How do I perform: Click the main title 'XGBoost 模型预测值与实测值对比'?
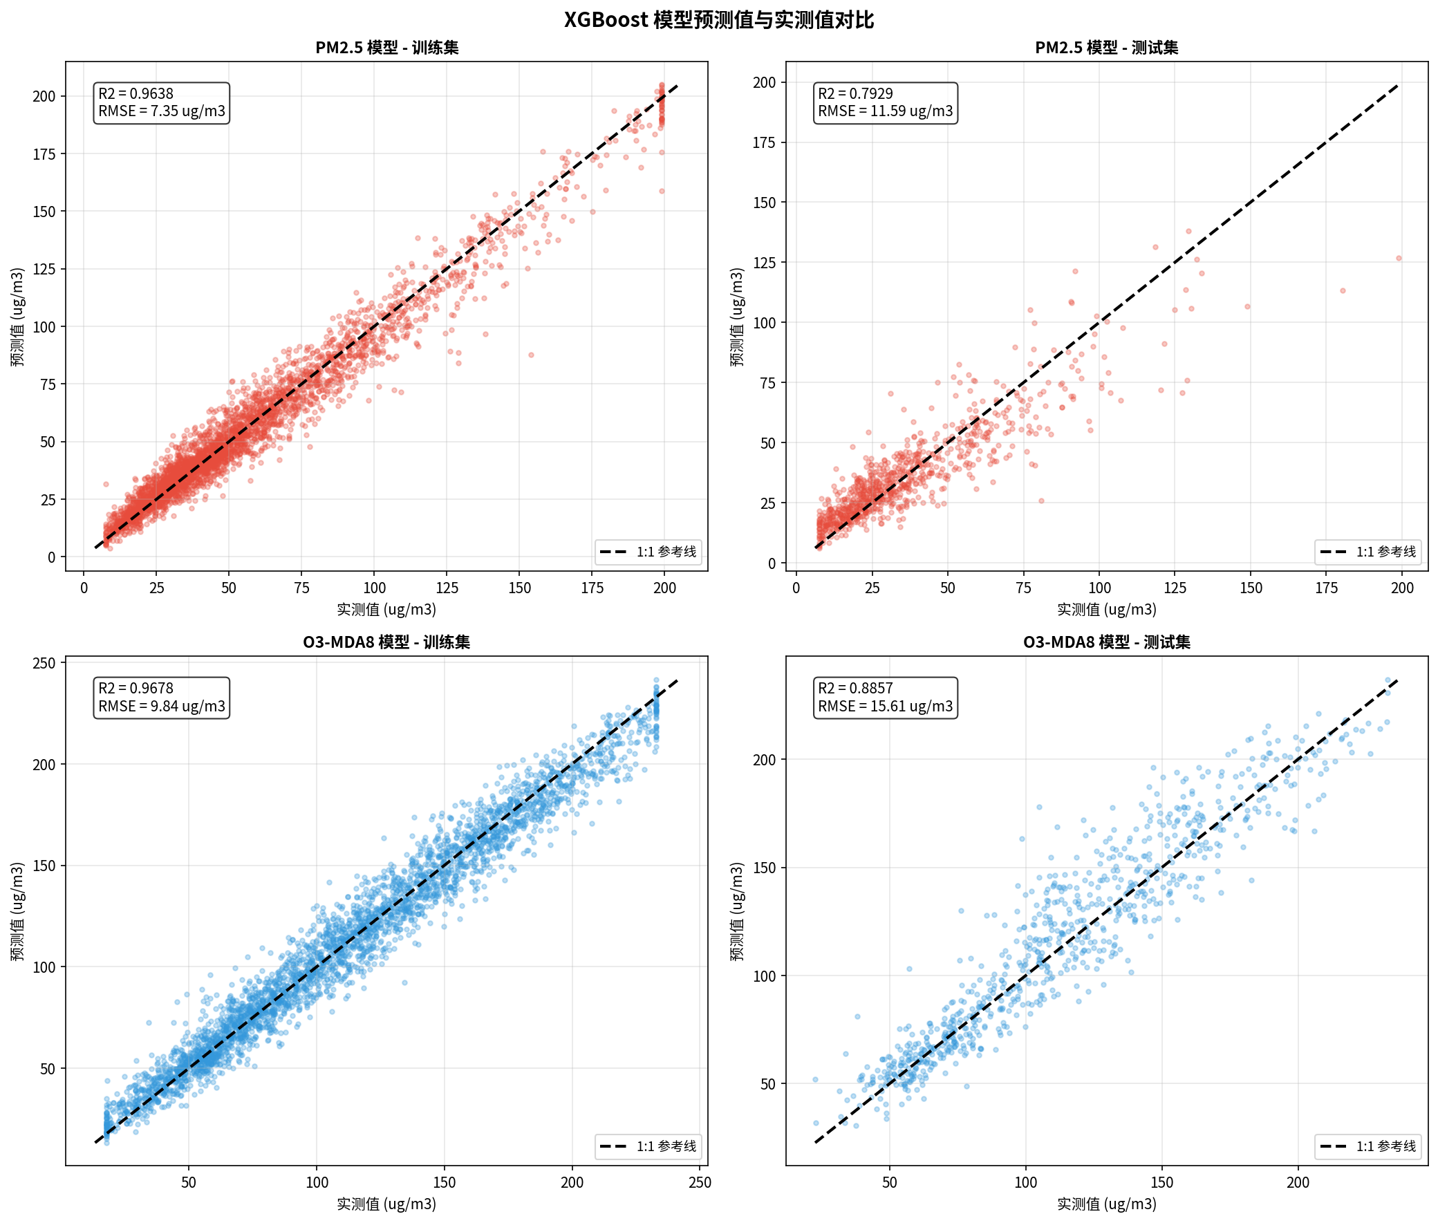[x=718, y=19]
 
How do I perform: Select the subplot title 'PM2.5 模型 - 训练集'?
[x=387, y=48]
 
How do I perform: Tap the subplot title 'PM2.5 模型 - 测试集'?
[x=1107, y=48]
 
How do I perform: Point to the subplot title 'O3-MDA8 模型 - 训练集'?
[x=387, y=642]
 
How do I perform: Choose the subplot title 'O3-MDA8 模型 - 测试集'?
[x=1107, y=642]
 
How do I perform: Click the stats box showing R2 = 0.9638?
[x=162, y=102]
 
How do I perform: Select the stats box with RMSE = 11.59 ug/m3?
[x=886, y=102]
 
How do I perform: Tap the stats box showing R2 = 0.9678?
[x=162, y=698]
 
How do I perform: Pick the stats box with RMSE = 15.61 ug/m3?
[x=886, y=698]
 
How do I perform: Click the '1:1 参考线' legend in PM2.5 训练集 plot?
[x=648, y=552]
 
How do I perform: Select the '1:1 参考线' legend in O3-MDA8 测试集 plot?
[x=1368, y=1146]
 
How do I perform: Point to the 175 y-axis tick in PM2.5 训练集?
[x=44, y=154]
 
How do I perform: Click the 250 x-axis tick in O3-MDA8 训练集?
[x=700, y=1182]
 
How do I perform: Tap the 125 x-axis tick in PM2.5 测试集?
[x=1175, y=588]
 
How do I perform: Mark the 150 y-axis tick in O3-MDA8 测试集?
[x=764, y=868]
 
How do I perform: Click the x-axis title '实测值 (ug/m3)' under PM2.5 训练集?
[x=387, y=609]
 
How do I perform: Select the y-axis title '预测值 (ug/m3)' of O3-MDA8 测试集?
[x=737, y=912]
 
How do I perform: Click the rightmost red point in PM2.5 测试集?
[x=1399, y=259]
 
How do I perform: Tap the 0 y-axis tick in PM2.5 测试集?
[x=771, y=563]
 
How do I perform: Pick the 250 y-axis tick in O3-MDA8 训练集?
[x=44, y=663]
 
